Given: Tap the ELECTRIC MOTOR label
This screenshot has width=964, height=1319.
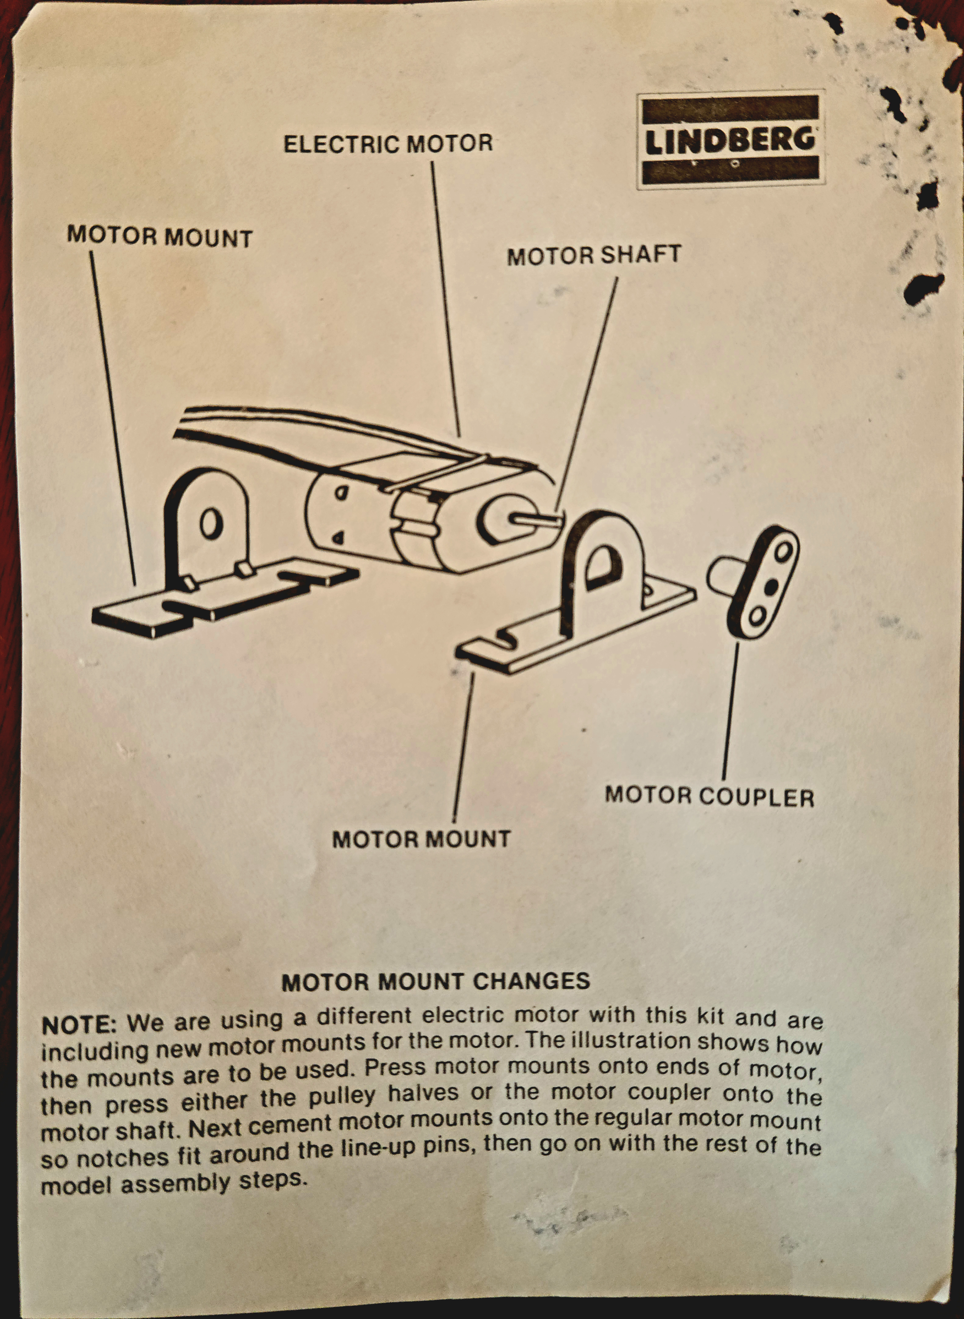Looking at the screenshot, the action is click(x=388, y=144).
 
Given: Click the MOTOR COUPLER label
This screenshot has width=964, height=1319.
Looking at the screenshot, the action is click(x=709, y=796).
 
